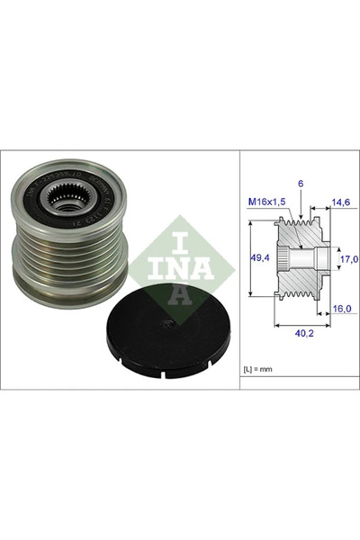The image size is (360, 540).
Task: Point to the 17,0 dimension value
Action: (347, 259)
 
